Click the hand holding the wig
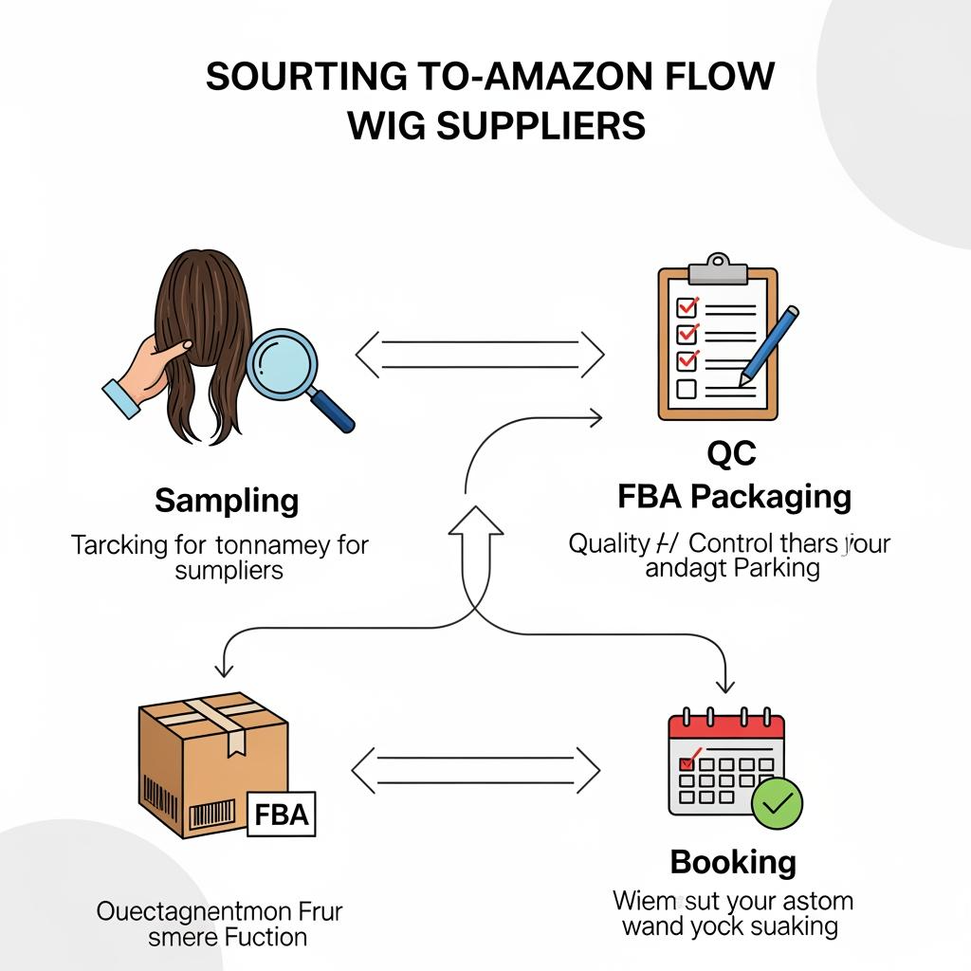(142, 373)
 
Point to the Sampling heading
(227, 501)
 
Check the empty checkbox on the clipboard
(687, 389)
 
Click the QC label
(732, 455)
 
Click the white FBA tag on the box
(283, 815)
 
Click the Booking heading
(733, 862)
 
